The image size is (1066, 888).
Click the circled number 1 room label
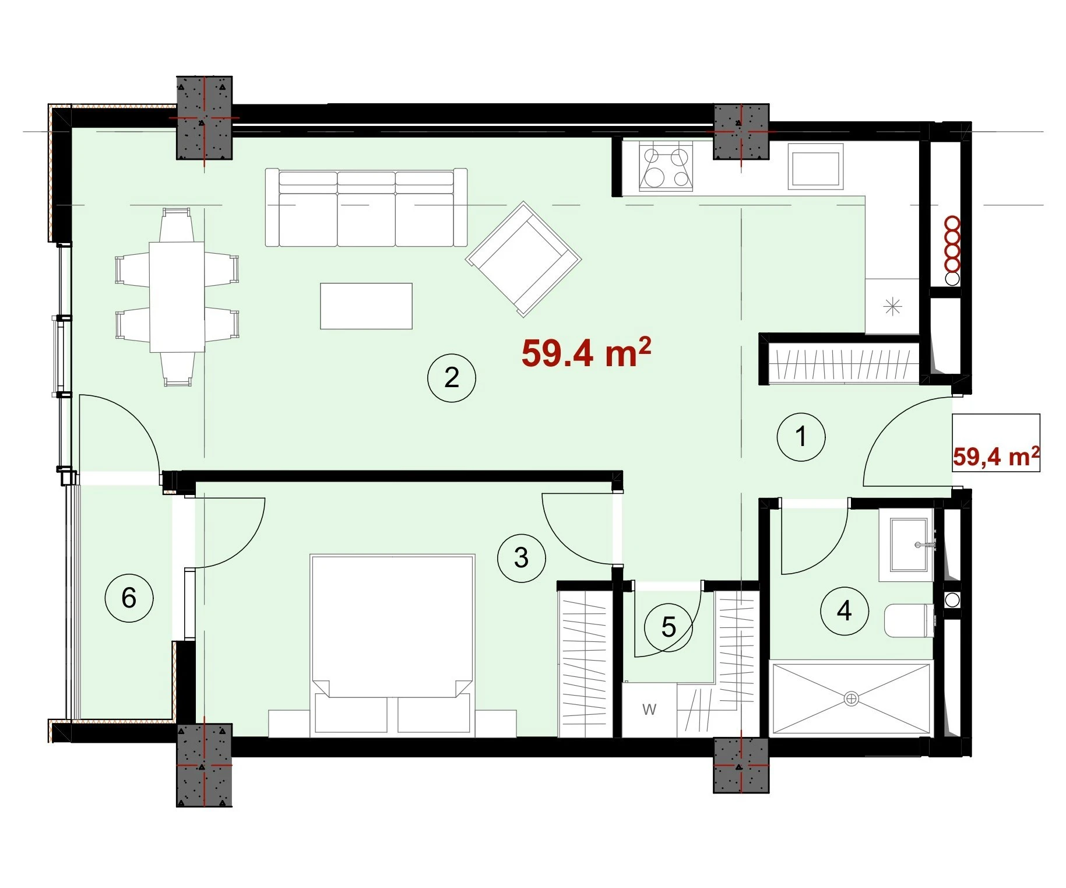[801, 437]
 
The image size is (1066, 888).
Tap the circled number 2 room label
[452, 378]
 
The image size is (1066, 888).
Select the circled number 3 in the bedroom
[521, 558]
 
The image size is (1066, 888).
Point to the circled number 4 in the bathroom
[844, 611]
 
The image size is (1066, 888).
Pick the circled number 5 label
[668, 627]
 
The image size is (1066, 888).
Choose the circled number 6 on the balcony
[129, 598]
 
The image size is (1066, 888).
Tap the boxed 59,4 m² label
[996, 457]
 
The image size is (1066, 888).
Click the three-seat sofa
[366, 208]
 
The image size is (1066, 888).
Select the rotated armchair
[523, 259]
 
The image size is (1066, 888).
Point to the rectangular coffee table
[366, 306]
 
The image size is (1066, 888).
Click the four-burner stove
[666, 167]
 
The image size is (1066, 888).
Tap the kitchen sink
[815, 167]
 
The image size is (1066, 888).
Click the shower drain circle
[851, 698]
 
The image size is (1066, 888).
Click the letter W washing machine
[649, 710]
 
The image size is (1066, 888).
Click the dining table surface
[177, 297]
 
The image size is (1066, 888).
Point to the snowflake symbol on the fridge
[892, 306]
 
